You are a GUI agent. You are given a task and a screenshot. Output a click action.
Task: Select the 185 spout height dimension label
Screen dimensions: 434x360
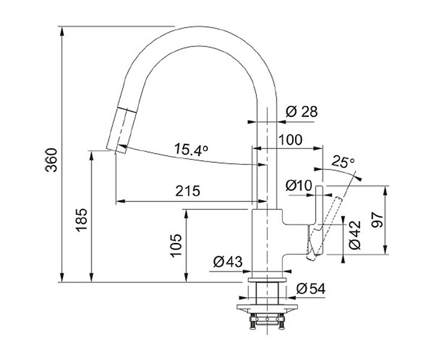click(x=82, y=220)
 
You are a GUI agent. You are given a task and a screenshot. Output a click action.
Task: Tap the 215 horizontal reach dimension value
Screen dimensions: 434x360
click(x=188, y=191)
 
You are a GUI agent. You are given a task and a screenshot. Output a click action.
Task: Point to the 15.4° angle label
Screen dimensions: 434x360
click(x=191, y=149)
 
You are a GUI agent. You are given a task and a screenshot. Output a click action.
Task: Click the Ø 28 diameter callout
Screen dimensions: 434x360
click(x=302, y=112)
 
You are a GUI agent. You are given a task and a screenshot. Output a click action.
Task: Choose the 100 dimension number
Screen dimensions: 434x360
click(x=290, y=140)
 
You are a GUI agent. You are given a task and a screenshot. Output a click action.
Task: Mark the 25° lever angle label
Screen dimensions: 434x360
click(x=343, y=161)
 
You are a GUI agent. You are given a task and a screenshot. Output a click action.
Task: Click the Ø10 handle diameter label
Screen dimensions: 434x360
click(x=299, y=185)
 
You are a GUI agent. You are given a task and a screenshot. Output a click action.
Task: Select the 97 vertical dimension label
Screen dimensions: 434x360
click(x=377, y=220)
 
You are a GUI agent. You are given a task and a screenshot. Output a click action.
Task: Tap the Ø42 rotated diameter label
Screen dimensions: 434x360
click(x=355, y=235)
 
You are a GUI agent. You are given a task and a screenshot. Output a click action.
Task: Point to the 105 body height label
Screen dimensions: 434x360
click(x=176, y=245)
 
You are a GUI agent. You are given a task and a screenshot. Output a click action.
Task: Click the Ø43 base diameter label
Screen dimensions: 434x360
click(x=228, y=262)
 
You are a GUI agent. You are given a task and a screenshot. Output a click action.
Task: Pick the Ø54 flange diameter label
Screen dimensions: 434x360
click(x=311, y=289)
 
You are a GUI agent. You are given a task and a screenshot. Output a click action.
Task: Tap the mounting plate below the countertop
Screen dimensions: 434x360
click(x=267, y=308)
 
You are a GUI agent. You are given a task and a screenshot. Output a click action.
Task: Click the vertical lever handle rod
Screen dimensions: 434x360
click(x=319, y=205)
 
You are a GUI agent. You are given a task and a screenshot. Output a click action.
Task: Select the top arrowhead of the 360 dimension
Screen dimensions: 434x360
click(x=62, y=31)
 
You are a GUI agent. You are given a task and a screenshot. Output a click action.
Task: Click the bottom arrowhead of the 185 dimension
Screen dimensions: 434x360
click(x=91, y=277)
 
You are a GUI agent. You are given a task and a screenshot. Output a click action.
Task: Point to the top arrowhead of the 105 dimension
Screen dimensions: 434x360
click(x=186, y=214)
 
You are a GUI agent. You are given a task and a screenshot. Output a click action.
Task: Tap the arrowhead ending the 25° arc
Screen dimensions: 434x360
click(x=358, y=178)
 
